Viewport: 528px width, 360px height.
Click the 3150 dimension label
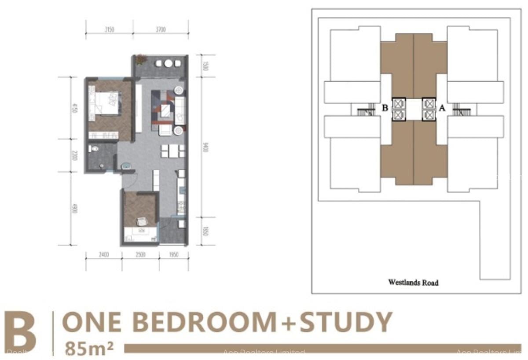coord(110,30)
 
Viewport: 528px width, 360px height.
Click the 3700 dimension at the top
coord(161,30)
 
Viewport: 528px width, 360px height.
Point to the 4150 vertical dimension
coord(74,108)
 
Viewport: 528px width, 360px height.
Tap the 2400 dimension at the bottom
coord(104,255)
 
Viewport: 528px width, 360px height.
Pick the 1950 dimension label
coord(173,255)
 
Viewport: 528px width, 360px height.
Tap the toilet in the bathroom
coord(93,150)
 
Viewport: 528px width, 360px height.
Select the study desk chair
coord(141,222)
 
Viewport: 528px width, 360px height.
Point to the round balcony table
coord(169,63)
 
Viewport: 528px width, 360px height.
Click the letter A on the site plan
coord(442,107)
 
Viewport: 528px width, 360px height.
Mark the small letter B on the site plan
coord(385,107)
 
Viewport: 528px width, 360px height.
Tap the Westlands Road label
coord(413,283)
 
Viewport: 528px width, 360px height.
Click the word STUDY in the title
coord(345,322)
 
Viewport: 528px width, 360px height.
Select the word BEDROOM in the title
coord(203,322)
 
